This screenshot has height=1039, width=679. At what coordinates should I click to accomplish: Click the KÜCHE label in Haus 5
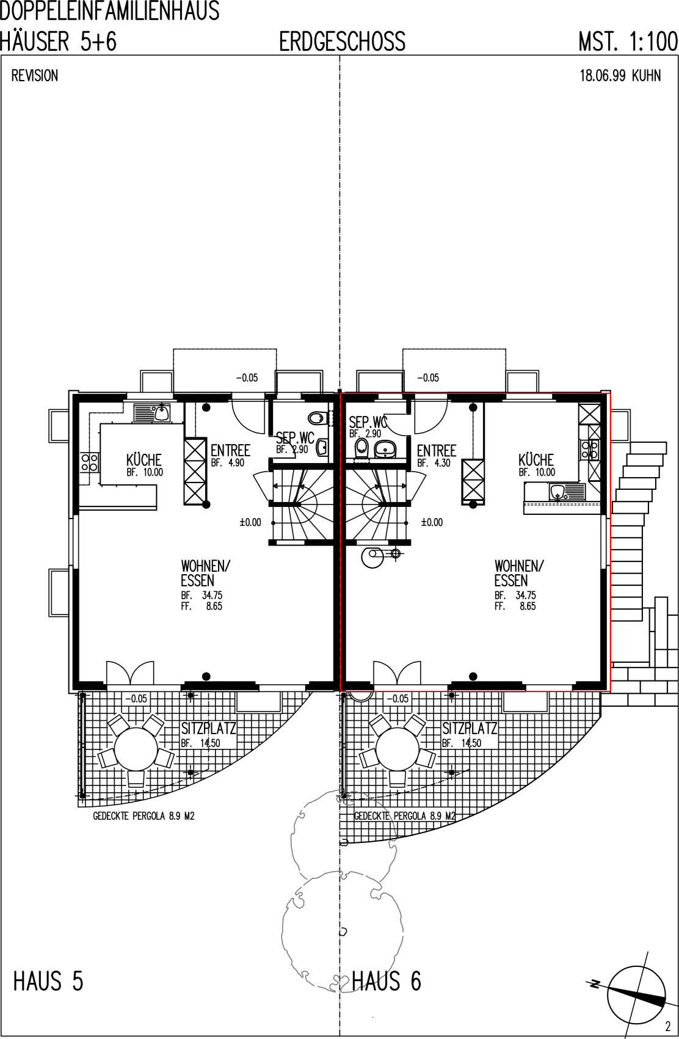click(143, 460)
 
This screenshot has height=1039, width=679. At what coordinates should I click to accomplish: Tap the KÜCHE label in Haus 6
click(536, 460)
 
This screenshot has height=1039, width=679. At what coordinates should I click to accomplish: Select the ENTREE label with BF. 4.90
click(231, 450)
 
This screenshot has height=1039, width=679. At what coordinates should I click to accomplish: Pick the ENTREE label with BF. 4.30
click(437, 450)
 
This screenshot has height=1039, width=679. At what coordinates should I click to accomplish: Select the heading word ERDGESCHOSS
click(343, 42)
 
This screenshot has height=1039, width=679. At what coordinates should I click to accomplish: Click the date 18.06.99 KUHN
click(620, 76)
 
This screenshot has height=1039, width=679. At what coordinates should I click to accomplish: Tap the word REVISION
click(35, 76)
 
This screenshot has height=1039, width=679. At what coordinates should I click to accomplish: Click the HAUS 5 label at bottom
click(48, 982)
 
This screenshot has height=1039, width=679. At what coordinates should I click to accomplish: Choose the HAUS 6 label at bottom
click(387, 982)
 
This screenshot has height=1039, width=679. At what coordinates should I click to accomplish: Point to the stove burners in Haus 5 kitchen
click(90, 462)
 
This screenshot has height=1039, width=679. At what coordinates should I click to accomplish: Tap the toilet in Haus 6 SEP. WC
click(361, 448)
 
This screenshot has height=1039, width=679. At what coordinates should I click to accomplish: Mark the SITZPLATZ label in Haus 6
click(470, 728)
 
